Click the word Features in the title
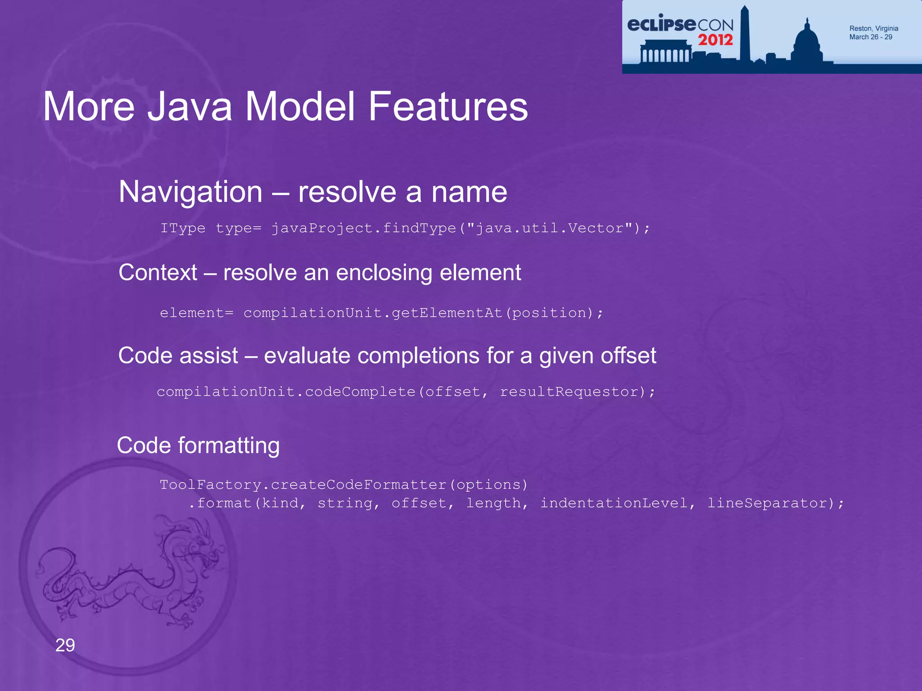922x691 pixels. [x=448, y=107]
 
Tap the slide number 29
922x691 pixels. [x=65, y=645]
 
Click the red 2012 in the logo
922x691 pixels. [x=715, y=40]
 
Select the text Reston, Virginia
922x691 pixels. [x=873, y=28]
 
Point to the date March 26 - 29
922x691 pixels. [x=870, y=37]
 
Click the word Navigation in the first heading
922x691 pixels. [x=190, y=192]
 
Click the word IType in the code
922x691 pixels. [x=183, y=229]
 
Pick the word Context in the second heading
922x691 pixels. [x=158, y=273]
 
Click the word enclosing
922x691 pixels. [x=384, y=273]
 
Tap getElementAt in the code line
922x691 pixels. [x=447, y=313]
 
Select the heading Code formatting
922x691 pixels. [x=198, y=445]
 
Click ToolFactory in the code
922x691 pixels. [x=210, y=485]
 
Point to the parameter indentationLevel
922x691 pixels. [x=614, y=503]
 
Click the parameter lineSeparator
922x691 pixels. [x=768, y=503]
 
